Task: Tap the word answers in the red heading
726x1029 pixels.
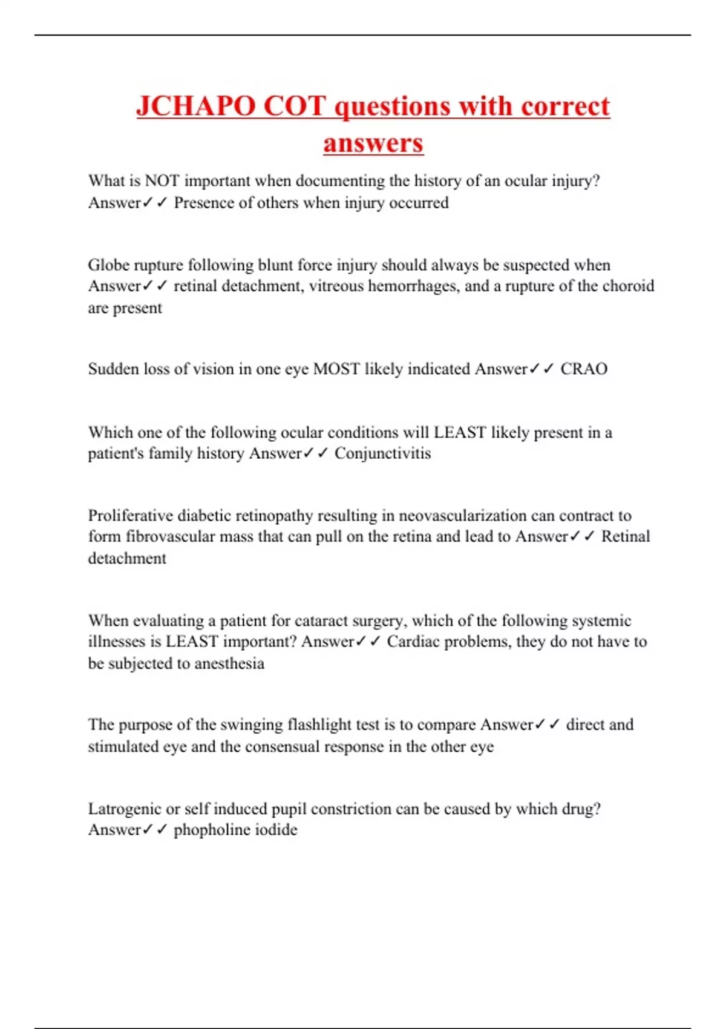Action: [x=373, y=143]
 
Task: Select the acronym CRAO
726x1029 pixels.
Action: [x=584, y=369]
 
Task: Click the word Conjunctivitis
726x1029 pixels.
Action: [x=382, y=453]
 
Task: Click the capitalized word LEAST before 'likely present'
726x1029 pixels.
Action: [x=460, y=432]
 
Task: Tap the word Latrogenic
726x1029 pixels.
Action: [x=125, y=809]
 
